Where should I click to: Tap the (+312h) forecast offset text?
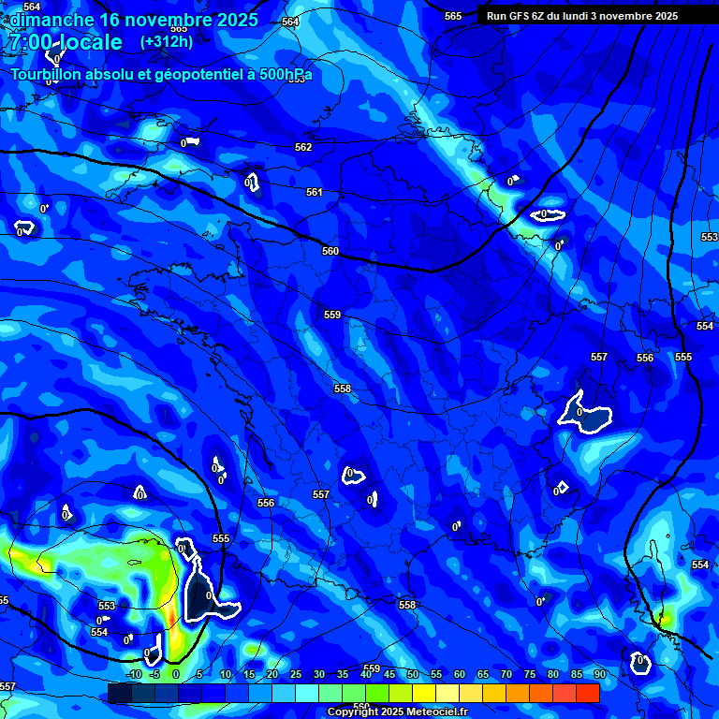pyautogui.click(x=167, y=41)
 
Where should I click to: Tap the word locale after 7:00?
pyautogui.click(x=90, y=42)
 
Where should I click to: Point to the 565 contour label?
pyautogui.click(x=453, y=16)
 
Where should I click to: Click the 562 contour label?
pyautogui.click(x=303, y=147)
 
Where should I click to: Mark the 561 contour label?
pyautogui.click(x=315, y=192)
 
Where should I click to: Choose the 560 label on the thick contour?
pyautogui.click(x=330, y=251)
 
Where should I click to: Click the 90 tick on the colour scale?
pyautogui.click(x=599, y=674)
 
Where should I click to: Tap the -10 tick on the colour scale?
pyautogui.click(x=134, y=674)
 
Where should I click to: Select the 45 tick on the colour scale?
pyautogui.click(x=389, y=674)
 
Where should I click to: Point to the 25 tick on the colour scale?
pyautogui.click(x=295, y=674)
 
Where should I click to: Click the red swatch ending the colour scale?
pyautogui.click(x=588, y=693)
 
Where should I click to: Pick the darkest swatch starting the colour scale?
pyautogui.click(x=119, y=693)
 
